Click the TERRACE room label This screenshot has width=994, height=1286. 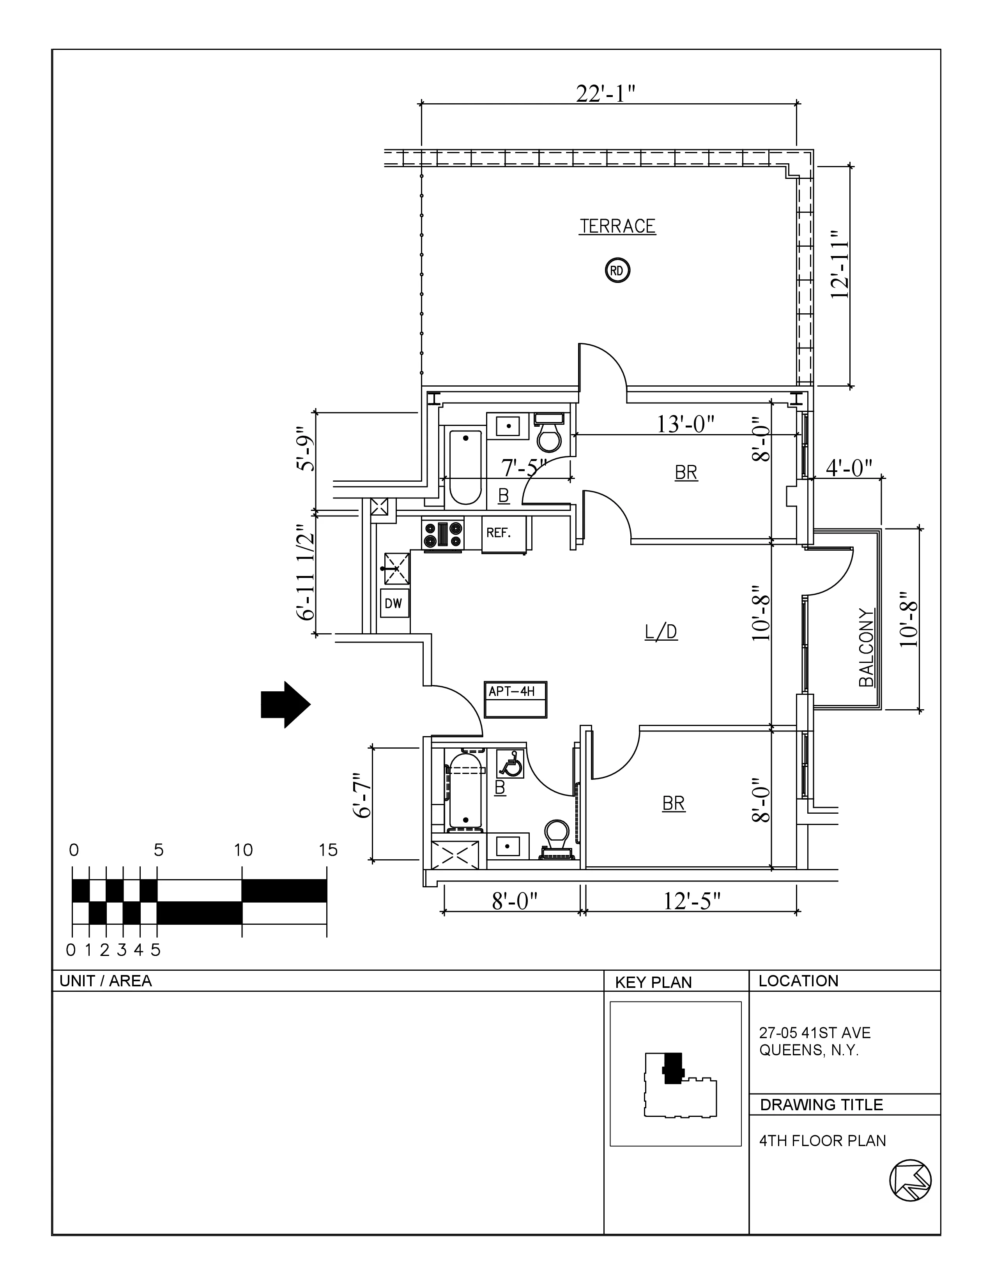(617, 226)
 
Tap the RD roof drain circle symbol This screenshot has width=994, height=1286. (617, 271)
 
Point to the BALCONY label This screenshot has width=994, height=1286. (866, 648)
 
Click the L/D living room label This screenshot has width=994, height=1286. (661, 632)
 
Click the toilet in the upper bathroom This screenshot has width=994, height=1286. (549, 435)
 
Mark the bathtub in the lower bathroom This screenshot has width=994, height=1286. (466, 793)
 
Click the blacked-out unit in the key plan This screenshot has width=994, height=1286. (672, 1068)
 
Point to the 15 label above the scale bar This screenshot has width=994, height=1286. (328, 850)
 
